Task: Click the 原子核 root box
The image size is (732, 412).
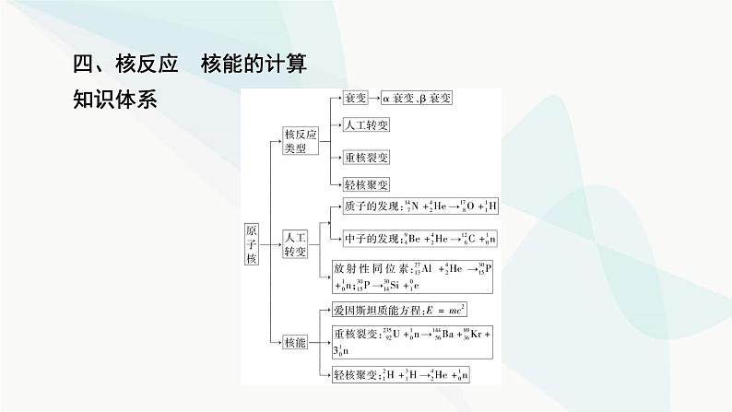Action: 253,244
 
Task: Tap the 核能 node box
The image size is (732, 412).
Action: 294,343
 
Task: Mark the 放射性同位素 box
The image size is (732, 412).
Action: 407,277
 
